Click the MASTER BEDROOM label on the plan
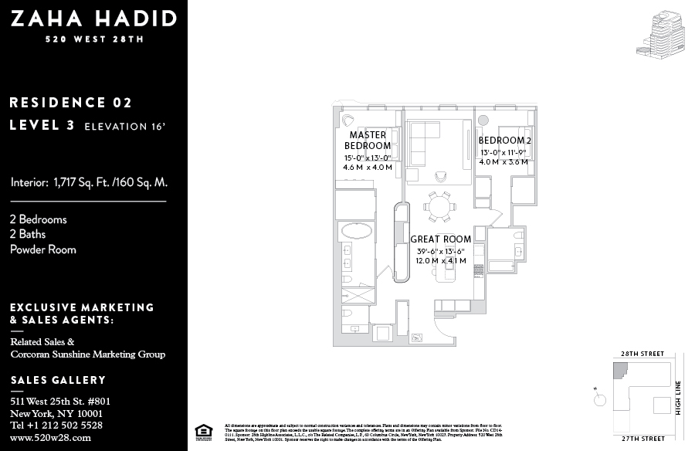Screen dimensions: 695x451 click(368, 141)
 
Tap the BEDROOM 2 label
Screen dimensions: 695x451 click(504, 141)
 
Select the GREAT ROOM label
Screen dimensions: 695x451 click(440, 239)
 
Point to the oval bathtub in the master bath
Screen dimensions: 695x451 click(355, 231)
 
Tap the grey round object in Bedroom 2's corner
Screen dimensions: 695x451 click(484, 120)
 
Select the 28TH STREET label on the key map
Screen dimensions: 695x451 click(642, 354)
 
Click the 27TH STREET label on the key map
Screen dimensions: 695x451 click(642, 439)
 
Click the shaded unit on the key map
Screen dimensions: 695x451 click(619, 371)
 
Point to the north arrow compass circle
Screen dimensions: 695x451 click(599, 399)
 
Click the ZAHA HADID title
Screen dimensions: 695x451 click(93, 19)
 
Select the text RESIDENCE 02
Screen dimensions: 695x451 click(71, 103)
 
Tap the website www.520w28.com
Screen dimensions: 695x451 click(50, 437)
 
